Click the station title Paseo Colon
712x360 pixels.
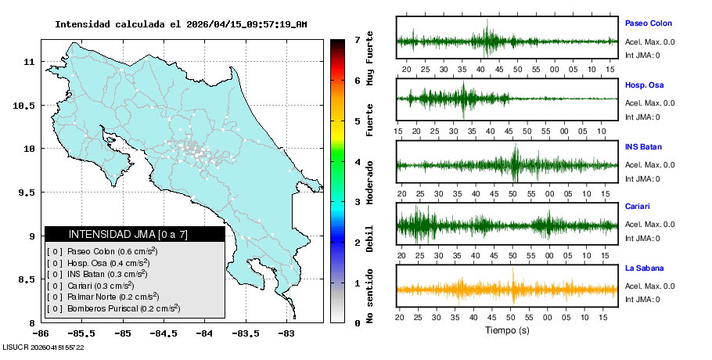(x=648, y=23)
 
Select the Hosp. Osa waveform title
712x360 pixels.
(x=645, y=85)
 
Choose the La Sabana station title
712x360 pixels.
(x=644, y=268)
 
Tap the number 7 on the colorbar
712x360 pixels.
(x=357, y=39)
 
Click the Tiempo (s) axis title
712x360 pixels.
(x=506, y=330)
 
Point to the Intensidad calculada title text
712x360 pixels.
(x=181, y=24)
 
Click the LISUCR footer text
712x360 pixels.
(x=44, y=347)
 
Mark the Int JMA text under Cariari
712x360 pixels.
(x=642, y=238)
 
